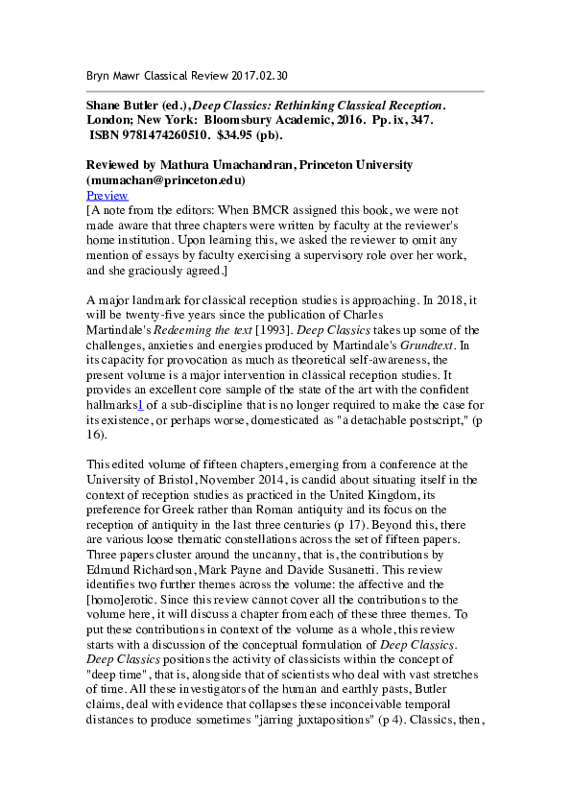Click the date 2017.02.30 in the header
click(252, 75)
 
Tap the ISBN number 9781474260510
click(163, 135)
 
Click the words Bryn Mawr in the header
click(107, 75)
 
